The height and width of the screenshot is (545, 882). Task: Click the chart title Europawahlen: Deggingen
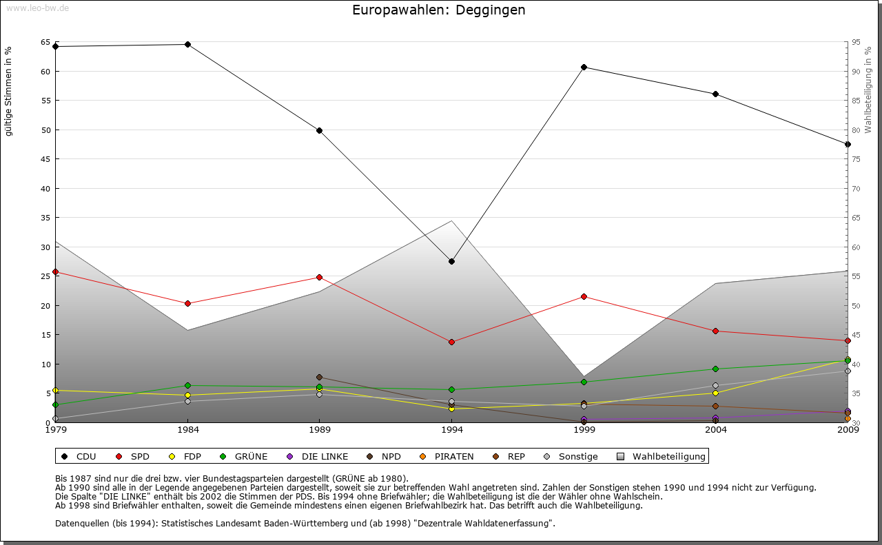(438, 10)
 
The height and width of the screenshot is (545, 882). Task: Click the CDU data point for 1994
(451, 261)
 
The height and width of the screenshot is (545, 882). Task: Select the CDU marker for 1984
(187, 44)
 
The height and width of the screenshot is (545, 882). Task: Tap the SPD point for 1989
(319, 277)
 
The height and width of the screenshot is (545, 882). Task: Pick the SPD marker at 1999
(584, 296)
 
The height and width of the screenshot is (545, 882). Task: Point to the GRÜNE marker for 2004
(716, 369)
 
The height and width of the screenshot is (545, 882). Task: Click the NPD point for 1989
(319, 377)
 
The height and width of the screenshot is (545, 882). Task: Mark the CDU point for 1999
(584, 67)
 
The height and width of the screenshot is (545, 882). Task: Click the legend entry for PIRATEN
(448, 456)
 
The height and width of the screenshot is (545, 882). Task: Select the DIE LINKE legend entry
(318, 456)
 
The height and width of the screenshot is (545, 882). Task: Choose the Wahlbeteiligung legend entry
(662, 456)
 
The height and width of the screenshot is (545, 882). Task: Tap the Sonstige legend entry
(571, 456)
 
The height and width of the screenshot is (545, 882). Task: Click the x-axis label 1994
(451, 430)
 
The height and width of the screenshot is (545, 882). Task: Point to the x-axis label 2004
(716, 430)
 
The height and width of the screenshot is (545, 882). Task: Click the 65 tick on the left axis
(45, 43)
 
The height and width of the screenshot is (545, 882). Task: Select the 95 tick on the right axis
(856, 43)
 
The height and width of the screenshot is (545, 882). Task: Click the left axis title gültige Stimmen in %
(9, 91)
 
